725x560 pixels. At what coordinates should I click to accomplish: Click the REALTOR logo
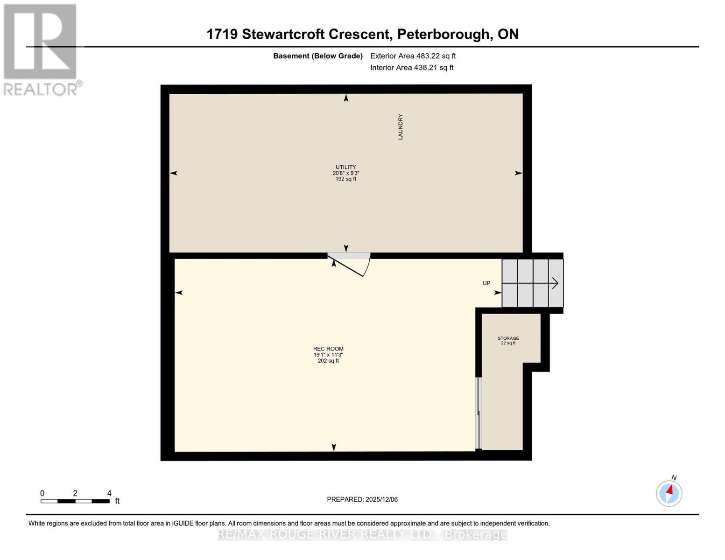tap(41, 49)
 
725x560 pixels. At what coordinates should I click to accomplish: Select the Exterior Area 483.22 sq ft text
tap(413, 56)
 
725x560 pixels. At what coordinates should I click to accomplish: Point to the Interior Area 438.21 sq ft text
tap(412, 68)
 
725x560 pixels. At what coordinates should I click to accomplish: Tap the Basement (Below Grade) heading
tap(317, 56)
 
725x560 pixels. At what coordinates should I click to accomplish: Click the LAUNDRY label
tap(400, 127)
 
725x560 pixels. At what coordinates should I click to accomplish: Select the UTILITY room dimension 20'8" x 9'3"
tap(345, 173)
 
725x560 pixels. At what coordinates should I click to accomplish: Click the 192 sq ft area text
tap(345, 179)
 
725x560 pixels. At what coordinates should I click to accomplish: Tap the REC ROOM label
tap(328, 349)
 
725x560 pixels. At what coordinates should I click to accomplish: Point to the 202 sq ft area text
tap(328, 361)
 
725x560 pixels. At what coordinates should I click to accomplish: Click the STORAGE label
tap(508, 338)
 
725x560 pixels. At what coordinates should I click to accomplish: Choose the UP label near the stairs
tap(486, 283)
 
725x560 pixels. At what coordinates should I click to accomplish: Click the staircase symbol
tap(532, 283)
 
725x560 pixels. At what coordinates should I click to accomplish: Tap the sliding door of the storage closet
tap(478, 413)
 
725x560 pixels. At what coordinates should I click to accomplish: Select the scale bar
tap(75, 501)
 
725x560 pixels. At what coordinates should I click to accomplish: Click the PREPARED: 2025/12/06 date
tap(362, 499)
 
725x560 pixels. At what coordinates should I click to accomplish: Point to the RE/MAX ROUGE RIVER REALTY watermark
tap(362, 534)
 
